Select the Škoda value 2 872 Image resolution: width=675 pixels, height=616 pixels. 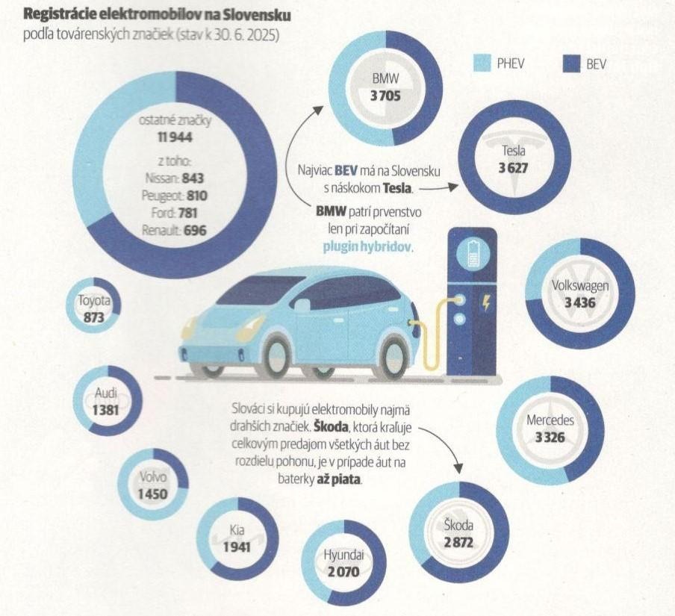point(458,542)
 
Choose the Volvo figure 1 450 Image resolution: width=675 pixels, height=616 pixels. point(152,494)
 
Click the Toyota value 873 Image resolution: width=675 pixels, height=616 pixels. point(95,317)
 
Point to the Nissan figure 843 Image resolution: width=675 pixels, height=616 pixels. point(192,179)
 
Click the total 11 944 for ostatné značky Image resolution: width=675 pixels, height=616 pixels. point(176,137)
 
